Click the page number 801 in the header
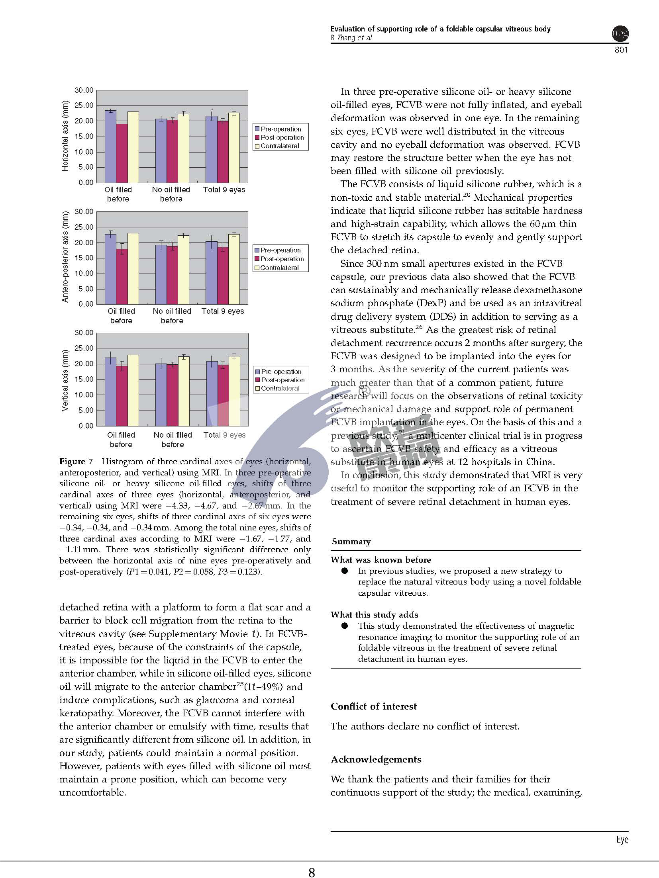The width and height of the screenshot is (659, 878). pos(621,50)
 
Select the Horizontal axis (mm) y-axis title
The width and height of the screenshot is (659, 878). pos(65,136)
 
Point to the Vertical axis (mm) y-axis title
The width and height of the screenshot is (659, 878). pos(65,380)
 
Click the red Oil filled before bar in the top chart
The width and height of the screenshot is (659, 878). pos(122,153)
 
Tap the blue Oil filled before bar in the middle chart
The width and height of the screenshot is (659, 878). pos(111,269)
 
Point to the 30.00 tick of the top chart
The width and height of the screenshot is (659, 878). pos(84,90)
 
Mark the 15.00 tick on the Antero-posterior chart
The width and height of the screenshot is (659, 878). pos(84,258)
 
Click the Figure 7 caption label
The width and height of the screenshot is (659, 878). pos(76,461)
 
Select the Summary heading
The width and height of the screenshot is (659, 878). pos(351,542)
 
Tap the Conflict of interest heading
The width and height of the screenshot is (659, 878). pos(373,706)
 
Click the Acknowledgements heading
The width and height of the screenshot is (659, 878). pos(376,759)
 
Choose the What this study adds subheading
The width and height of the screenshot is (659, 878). pos(374,615)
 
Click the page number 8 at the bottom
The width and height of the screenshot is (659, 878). pos(312,872)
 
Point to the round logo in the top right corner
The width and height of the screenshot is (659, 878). pos(620,33)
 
